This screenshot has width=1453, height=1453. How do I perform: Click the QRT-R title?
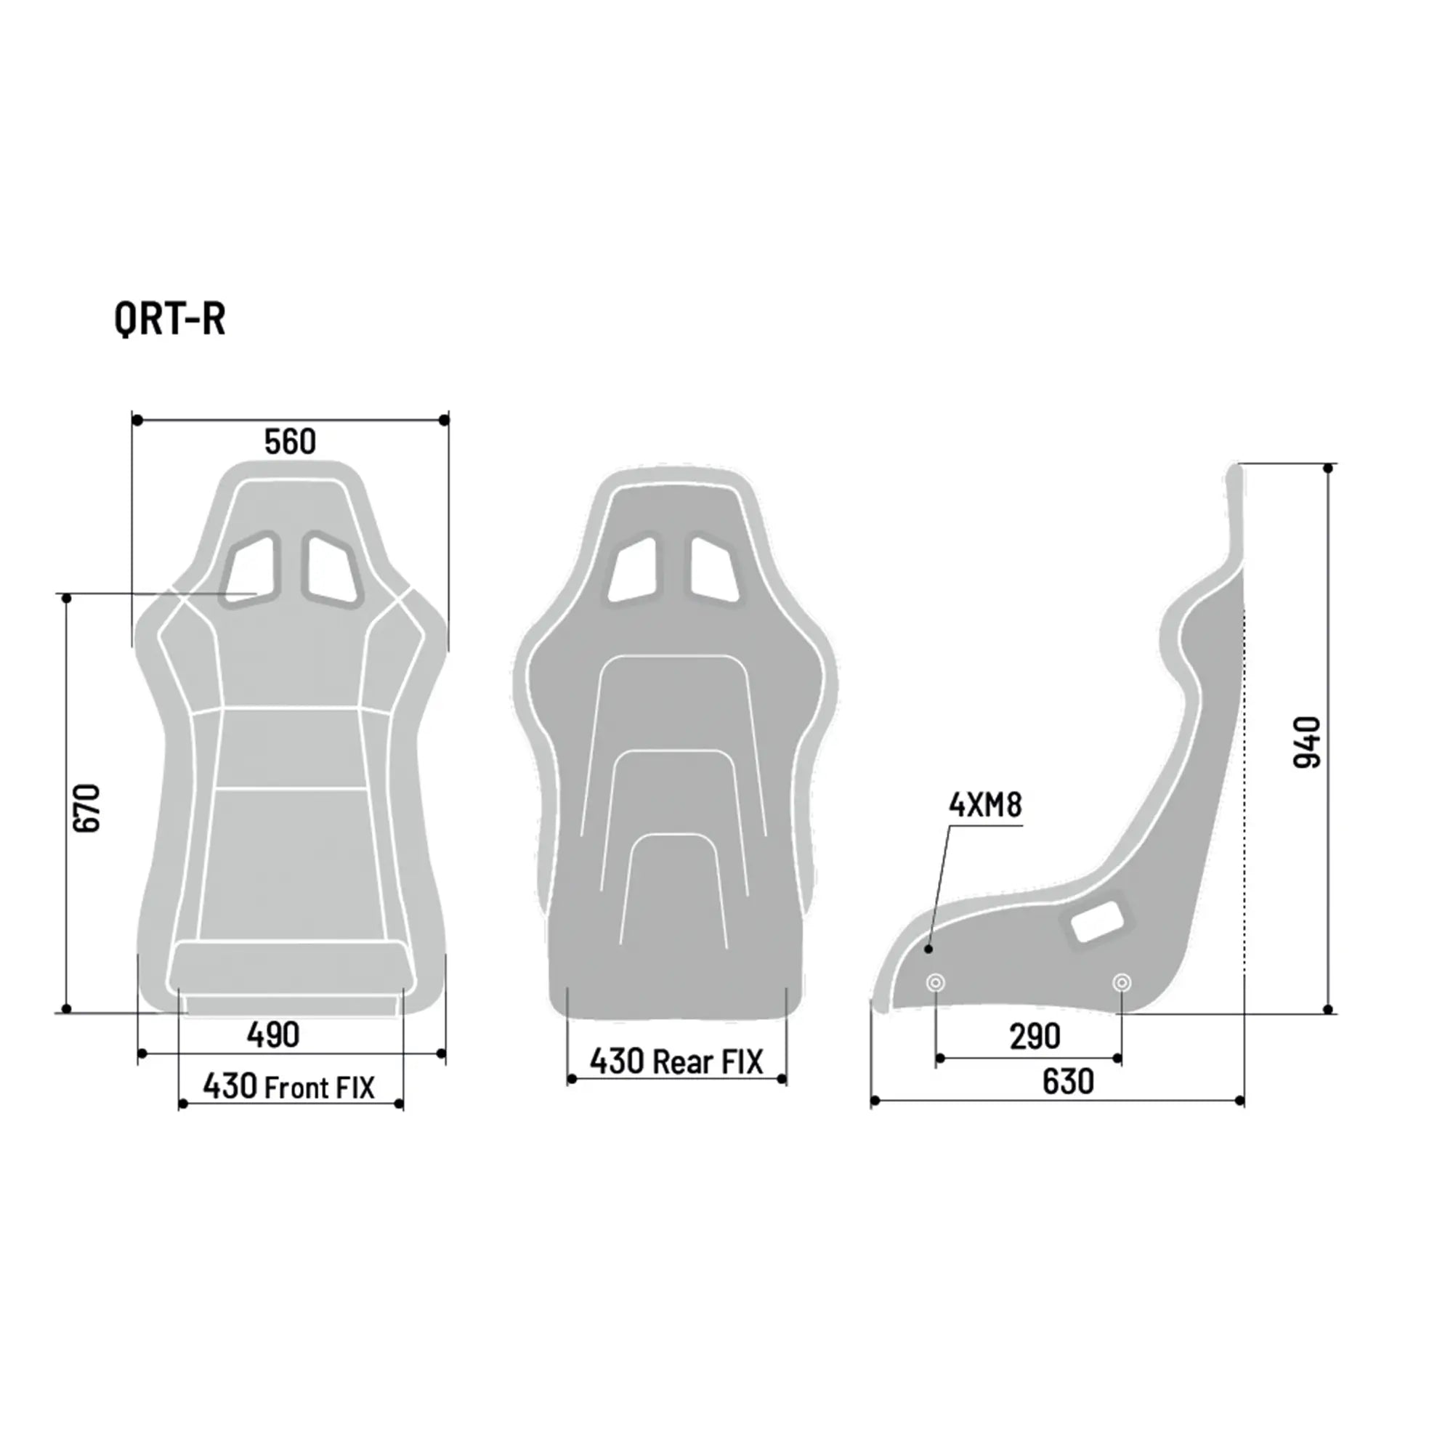click(170, 319)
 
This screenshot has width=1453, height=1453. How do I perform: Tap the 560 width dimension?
click(290, 442)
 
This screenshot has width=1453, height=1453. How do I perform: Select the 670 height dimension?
click(87, 808)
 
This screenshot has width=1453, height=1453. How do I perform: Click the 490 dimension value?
click(273, 1035)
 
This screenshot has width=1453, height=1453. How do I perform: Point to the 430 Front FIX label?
click(289, 1087)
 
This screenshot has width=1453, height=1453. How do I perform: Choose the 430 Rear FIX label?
click(676, 1062)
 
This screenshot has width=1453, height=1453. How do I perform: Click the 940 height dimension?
click(1307, 742)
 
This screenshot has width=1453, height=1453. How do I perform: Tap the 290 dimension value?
click(1035, 1037)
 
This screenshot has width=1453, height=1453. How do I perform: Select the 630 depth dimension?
click(1068, 1082)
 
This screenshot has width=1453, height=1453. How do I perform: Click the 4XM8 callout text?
click(985, 806)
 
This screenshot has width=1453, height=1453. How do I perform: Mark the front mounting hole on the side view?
click(936, 982)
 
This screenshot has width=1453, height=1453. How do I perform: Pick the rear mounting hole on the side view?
click(1121, 982)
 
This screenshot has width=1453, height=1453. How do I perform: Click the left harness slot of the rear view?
click(634, 570)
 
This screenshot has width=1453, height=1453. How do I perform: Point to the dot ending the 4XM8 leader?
click(928, 949)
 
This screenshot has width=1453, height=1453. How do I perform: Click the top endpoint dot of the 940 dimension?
click(1328, 469)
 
